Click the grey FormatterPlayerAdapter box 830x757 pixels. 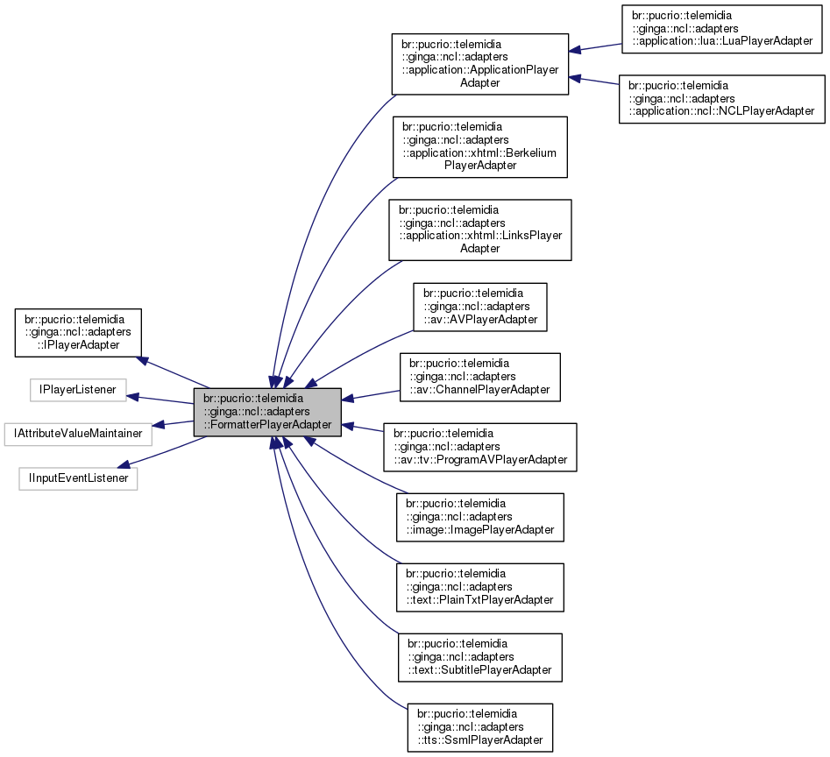click(x=267, y=412)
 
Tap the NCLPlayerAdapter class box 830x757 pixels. click(x=721, y=98)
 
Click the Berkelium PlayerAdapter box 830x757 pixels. click(x=479, y=145)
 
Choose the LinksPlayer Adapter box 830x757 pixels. click(x=479, y=229)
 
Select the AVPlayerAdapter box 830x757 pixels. click(x=479, y=307)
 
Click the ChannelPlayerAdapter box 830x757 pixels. click(x=479, y=377)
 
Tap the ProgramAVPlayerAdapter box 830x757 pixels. click(x=479, y=447)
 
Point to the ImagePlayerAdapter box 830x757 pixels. click(x=479, y=517)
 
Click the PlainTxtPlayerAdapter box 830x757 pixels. click(x=479, y=587)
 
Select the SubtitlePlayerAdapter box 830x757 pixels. click(x=479, y=657)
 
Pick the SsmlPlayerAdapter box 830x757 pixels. click(x=479, y=727)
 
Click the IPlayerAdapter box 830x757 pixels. click(x=77, y=331)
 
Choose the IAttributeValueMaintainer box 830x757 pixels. click(x=77, y=433)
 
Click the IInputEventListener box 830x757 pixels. click(x=77, y=478)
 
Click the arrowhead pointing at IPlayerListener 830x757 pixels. click(x=132, y=396)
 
